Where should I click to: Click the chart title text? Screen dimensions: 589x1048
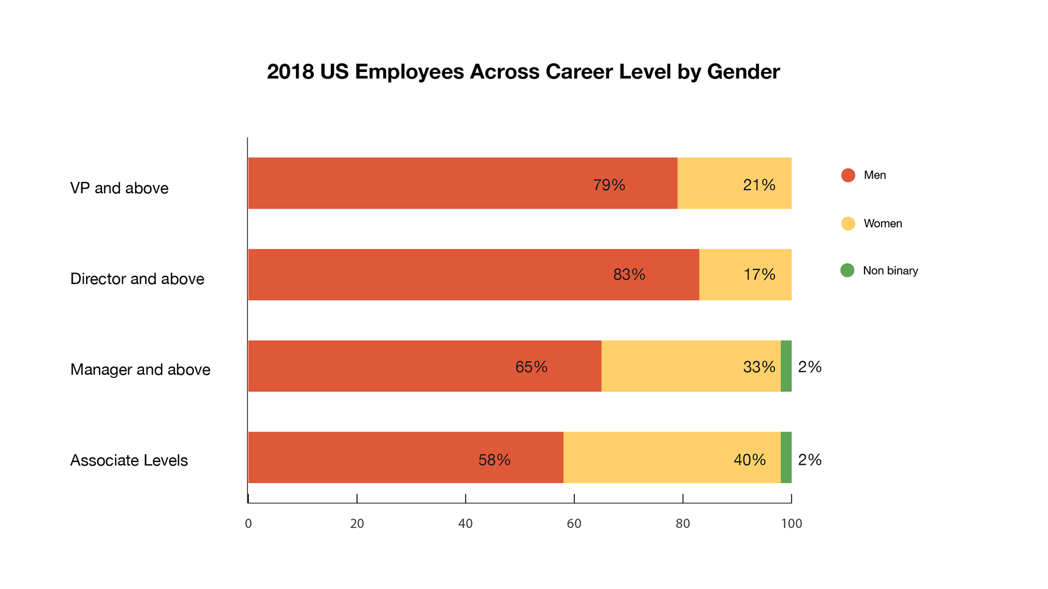point(523,72)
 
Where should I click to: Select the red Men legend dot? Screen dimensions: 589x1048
point(848,175)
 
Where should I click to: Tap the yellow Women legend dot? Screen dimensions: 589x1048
point(848,224)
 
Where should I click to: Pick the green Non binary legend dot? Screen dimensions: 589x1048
point(847,271)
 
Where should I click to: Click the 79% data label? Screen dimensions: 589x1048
point(609,185)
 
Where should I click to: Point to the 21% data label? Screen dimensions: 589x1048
point(759,185)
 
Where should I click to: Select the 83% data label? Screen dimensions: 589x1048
point(629,274)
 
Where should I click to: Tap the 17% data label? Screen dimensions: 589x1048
point(759,274)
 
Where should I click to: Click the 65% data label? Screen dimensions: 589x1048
point(531,367)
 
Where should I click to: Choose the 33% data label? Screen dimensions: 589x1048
point(759,367)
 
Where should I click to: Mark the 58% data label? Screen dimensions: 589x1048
point(494,460)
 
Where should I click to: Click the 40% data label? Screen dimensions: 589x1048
point(749,460)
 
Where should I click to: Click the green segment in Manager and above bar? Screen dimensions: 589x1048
point(786,366)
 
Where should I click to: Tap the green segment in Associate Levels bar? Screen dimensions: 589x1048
point(786,458)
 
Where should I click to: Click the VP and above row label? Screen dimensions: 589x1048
point(119,188)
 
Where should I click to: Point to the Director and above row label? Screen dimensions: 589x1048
point(137,279)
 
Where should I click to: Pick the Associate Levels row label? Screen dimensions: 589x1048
point(129,460)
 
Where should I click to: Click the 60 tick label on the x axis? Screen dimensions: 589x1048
point(574,524)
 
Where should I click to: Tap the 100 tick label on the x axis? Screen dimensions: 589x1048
point(791,524)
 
